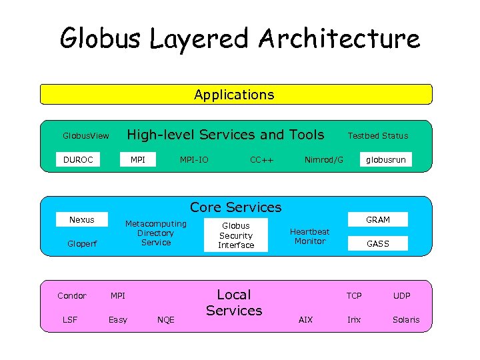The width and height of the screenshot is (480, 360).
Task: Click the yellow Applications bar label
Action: [x=234, y=95]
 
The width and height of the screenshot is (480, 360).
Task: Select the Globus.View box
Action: [x=85, y=136]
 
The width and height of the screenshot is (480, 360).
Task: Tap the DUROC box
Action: [x=78, y=159]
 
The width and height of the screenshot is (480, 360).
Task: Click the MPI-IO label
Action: [x=194, y=159]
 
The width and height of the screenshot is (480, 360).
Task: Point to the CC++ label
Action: [x=262, y=160]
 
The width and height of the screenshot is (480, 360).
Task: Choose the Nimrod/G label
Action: [x=324, y=160]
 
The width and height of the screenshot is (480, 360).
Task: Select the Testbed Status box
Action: [x=378, y=136]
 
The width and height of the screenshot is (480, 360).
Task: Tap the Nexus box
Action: [x=82, y=220]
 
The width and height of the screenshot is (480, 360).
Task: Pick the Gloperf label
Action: [x=82, y=244]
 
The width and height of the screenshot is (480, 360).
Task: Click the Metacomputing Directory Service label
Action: [x=156, y=233]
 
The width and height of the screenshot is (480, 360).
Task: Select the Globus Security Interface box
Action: [x=236, y=235]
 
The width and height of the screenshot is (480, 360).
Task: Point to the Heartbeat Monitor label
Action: [x=310, y=236]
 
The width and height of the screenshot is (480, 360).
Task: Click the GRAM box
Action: [x=378, y=220]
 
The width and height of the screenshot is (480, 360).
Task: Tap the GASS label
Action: [x=378, y=244]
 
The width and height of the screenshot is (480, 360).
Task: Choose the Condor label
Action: [x=72, y=296]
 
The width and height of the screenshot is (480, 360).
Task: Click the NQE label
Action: [x=165, y=320]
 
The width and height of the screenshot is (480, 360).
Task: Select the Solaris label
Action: [x=406, y=320]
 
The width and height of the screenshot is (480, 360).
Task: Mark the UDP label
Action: [x=402, y=296]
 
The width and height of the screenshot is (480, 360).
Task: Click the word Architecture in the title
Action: [x=339, y=39]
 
